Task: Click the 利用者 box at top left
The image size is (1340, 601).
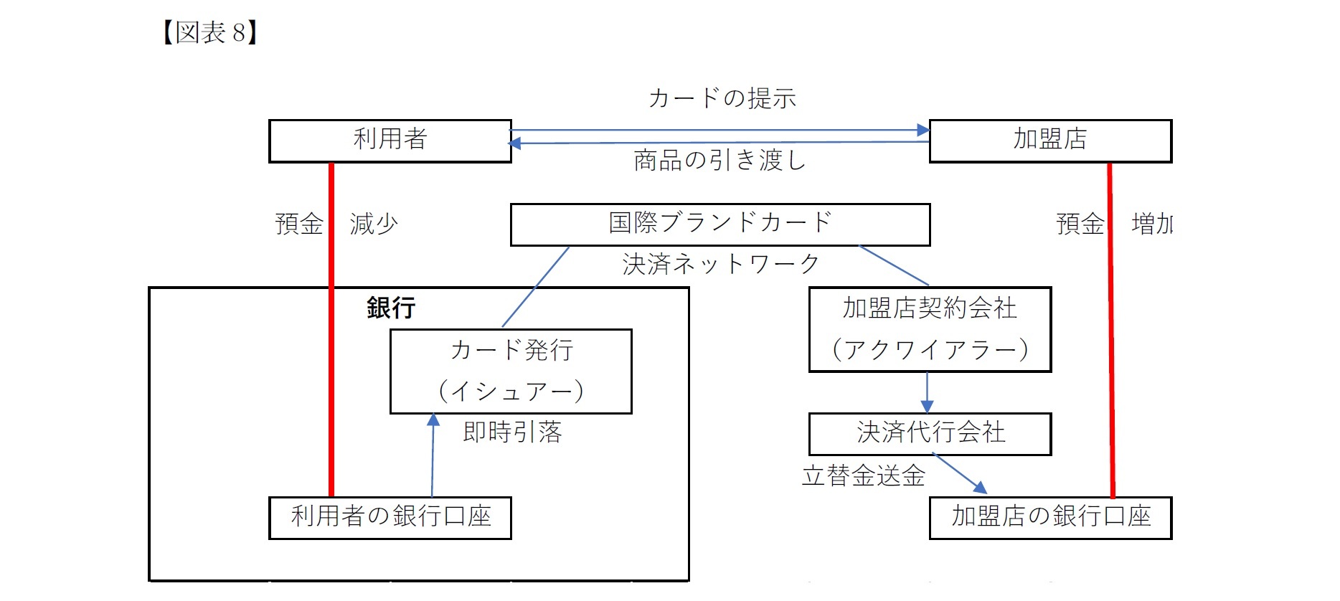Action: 390,141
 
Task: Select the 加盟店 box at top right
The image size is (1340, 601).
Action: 1049,141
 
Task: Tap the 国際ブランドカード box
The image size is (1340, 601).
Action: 719,224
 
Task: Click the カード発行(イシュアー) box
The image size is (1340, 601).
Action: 510,371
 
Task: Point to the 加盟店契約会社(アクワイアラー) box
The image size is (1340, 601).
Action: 930,329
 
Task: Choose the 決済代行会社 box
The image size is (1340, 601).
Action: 930,433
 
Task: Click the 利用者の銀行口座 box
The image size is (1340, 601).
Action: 390,517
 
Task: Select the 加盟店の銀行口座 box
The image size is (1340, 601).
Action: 1049,517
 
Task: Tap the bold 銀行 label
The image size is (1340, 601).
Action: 391,308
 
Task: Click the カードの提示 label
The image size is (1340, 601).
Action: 722,98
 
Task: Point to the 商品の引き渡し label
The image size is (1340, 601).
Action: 719,161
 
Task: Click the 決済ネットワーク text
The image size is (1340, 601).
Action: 721,265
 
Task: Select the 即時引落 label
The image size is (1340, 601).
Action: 512,432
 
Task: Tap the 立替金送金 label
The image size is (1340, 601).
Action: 863,475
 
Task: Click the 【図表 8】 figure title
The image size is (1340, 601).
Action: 209,32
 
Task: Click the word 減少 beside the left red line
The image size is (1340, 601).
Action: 374,224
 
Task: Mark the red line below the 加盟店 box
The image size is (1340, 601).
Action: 1111,330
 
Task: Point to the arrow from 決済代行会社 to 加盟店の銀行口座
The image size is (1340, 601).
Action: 960,474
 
